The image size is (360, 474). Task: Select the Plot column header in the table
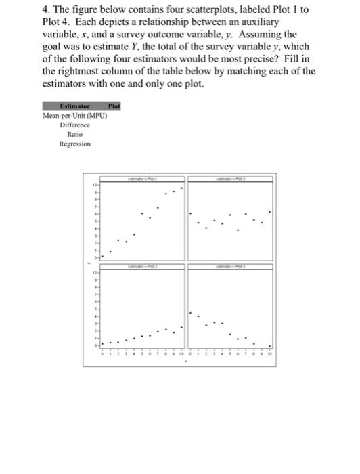114,106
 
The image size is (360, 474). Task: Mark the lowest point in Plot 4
271,345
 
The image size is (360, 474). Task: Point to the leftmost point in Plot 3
198,221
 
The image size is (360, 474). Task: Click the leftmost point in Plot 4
190,314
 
